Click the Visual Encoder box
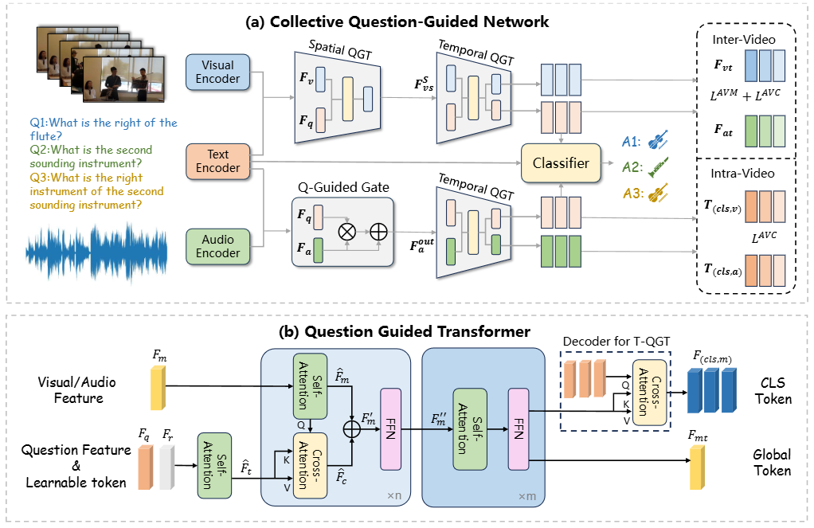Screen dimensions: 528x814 [x=217, y=72]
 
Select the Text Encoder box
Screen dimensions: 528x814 [x=217, y=161]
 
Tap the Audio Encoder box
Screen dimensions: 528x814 [x=217, y=245]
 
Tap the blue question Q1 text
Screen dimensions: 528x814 [x=102, y=130]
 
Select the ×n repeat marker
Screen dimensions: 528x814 [x=393, y=496]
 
